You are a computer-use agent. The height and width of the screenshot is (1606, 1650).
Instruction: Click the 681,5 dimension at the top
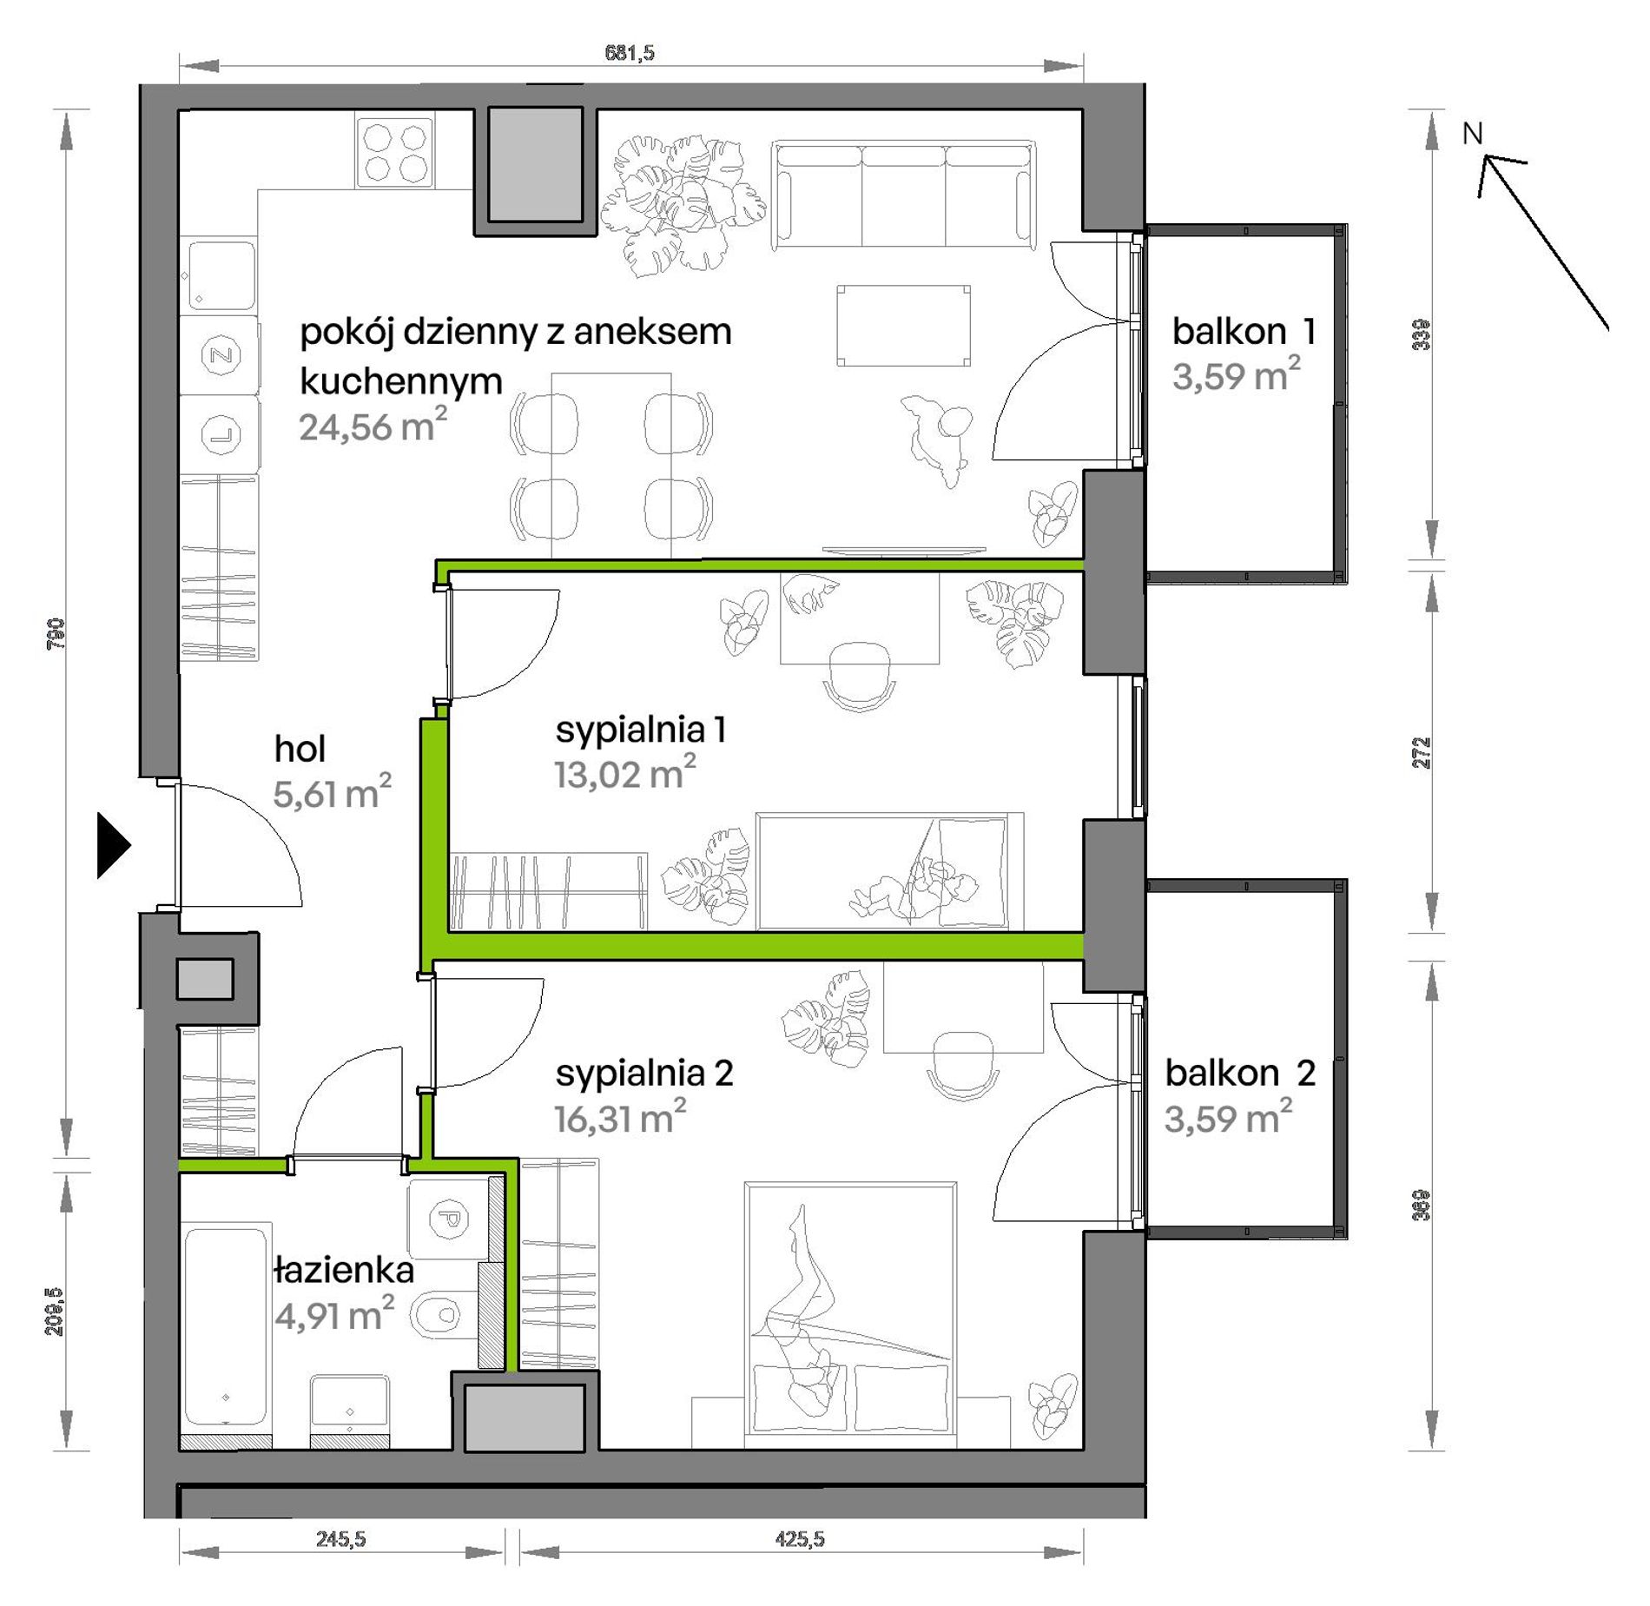tap(630, 53)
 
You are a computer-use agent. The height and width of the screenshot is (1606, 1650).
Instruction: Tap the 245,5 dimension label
tap(341, 1539)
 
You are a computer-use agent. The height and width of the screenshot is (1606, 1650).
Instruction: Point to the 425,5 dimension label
tap(800, 1539)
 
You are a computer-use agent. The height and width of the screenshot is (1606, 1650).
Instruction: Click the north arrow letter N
tap(1473, 134)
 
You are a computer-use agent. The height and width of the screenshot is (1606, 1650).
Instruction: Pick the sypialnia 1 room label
tap(641, 730)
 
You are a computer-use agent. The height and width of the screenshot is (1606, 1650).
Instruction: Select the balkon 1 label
tap(1244, 331)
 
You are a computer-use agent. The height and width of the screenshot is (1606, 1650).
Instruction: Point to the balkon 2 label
tap(1240, 1074)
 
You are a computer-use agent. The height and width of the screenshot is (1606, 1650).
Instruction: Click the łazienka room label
tap(344, 1271)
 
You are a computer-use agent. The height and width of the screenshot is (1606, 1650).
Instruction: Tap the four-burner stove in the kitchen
tap(394, 153)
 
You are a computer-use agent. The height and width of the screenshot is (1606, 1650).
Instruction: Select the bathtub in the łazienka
tap(226, 1325)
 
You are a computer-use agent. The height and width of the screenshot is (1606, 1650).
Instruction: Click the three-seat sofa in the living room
tap(903, 196)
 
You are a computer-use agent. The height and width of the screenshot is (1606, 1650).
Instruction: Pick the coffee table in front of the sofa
tap(903, 326)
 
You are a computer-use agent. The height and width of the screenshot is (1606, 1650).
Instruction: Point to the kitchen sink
tap(221, 276)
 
